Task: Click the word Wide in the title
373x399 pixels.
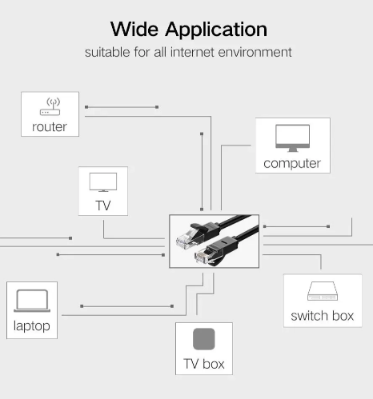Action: tap(134, 29)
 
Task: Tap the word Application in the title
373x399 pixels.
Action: tap(216, 30)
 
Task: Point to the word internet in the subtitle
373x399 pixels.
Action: tap(192, 52)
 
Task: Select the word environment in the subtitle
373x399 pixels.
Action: tap(255, 52)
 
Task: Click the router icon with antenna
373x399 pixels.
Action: tap(50, 106)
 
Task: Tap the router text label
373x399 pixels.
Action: tap(50, 127)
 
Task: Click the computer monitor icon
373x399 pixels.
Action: tap(293, 138)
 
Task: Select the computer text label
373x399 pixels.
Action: tap(292, 163)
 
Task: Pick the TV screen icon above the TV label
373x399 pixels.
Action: tap(103, 182)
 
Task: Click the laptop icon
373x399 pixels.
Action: tap(32, 301)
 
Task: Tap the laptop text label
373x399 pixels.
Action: tap(32, 326)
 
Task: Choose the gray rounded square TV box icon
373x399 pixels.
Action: tap(204, 339)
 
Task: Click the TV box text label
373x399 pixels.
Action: tap(204, 364)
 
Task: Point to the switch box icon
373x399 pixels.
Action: tap(323, 291)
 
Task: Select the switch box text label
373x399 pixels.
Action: tap(323, 316)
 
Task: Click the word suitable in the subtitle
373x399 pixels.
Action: tap(108, 52)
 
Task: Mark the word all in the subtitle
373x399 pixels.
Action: tap(160, 52)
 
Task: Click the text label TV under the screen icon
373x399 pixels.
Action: tap(103, 205)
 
